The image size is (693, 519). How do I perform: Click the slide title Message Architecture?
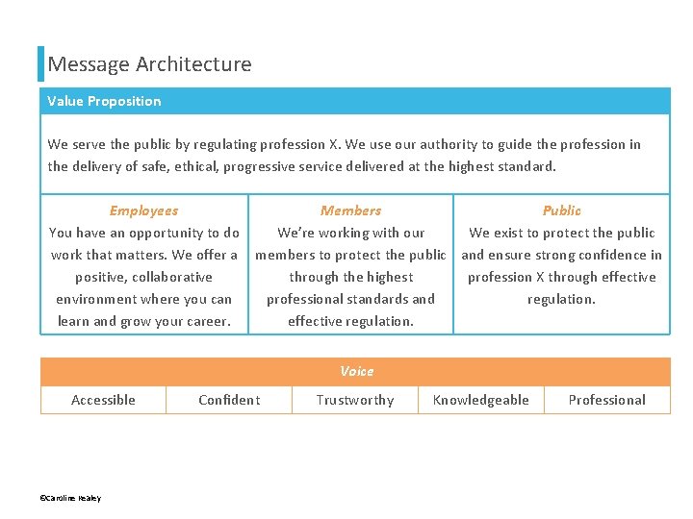coord(149,64)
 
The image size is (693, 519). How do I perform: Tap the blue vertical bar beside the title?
coord(41,63)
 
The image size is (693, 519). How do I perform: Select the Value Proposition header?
coord(104,101)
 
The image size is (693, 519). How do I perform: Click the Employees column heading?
coord(143,210)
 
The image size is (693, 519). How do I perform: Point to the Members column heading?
coord(350,210)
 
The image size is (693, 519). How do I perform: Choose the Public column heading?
coord(561,210)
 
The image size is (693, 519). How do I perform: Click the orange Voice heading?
coord(356,371)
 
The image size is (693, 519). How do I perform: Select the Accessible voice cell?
coord(103,400)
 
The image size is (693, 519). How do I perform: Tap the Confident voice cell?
coord(229,400)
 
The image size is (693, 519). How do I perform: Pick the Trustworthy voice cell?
coord(355,400)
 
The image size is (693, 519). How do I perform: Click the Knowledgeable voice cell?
coord(480,400)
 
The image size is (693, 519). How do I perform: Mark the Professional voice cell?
coord(606,400)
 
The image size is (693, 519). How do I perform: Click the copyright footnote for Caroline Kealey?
coord(70,498)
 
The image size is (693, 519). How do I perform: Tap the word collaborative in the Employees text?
coord(172,277)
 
